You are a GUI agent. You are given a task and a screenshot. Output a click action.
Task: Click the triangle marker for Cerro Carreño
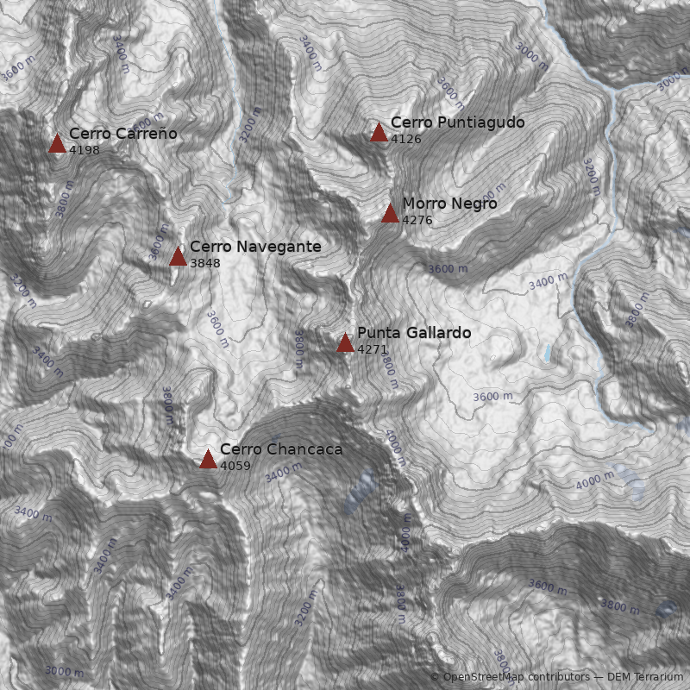click(57, 143)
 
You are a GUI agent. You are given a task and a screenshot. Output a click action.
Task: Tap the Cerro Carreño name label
click(123, 134)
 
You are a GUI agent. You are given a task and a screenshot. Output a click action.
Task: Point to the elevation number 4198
click(85, 150)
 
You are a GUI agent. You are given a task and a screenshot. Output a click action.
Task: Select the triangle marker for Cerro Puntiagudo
click(379, 132)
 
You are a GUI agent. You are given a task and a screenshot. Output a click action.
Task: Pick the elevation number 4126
click(406, 139)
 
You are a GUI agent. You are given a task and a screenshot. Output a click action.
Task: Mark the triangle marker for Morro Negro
click(390, 213)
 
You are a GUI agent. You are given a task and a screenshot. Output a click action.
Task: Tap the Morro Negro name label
click(449, 204)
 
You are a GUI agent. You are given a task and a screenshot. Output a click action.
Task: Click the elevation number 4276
click(417, 220)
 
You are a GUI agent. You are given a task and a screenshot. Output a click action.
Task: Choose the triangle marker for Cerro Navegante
click(178, 256)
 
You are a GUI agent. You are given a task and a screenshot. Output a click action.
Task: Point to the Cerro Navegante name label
click(255, 247)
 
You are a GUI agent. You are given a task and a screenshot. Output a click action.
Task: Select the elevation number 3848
click(205, 263)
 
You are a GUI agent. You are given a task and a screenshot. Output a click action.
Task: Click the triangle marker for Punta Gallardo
click(345, 343)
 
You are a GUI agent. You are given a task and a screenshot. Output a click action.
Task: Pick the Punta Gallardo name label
click(414, 333)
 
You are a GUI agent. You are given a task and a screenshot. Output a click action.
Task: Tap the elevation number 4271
click(373, 349)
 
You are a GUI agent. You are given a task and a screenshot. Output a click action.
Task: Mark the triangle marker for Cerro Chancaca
click(208, 459)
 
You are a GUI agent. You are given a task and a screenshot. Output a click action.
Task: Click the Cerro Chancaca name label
click(281, 449)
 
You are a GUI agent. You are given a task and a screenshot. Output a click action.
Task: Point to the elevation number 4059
click(235, 466)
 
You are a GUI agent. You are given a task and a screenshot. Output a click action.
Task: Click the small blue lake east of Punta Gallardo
click(547, 353)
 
